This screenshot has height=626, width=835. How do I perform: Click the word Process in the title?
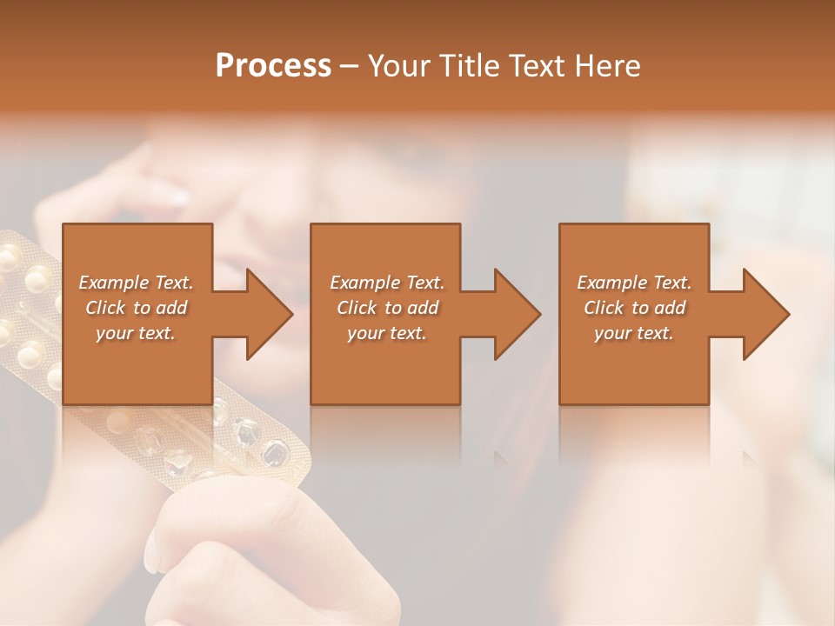pos(273,66)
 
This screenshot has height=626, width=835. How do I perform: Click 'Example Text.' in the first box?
pos(136,283)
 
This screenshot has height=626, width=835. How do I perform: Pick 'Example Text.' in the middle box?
pos(386,283)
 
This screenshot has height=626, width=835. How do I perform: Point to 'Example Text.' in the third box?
pos(634,283)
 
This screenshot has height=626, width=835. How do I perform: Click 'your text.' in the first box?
pos(136,333)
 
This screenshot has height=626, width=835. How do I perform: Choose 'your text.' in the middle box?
pos(386,333)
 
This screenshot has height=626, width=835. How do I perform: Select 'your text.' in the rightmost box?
pos(634,333)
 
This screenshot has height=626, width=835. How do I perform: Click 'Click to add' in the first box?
pos(136,308)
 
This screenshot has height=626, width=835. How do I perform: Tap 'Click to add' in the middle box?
pos(386,308)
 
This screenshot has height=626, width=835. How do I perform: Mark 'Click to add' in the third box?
pos(634,308)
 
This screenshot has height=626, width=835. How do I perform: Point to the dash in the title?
pos(349,66)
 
